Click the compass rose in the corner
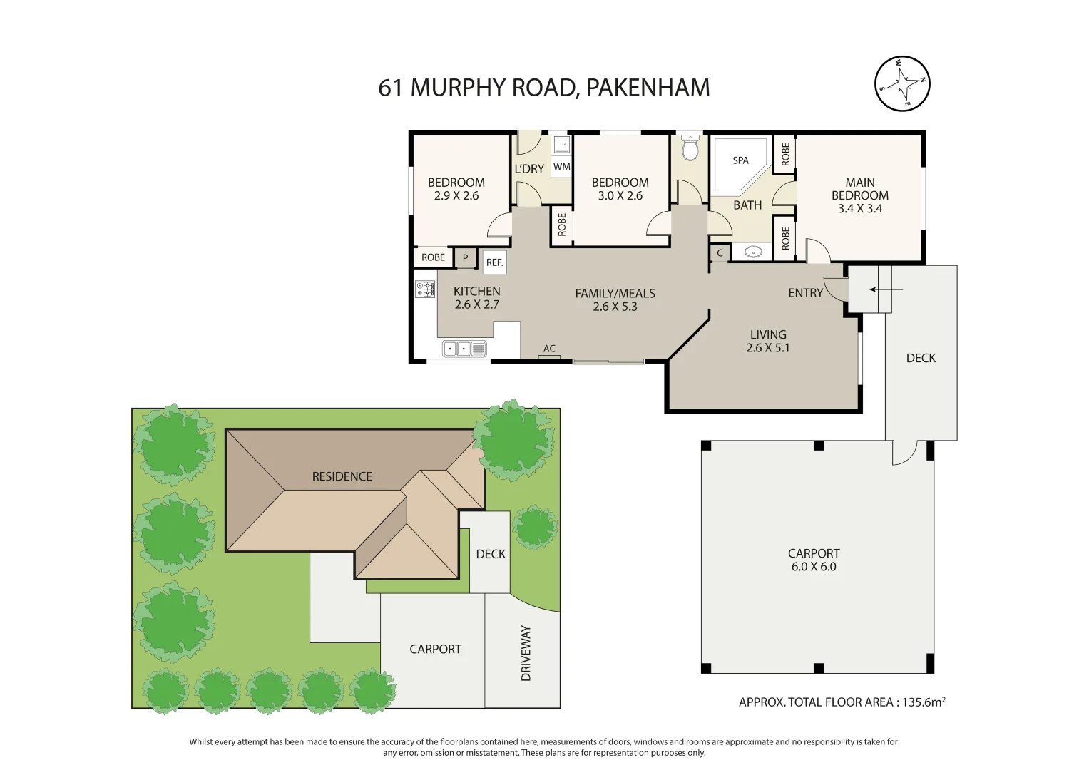click(902, 83)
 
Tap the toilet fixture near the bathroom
click(690, 148)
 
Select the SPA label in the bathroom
click(740, 160)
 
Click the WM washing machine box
click(561, 167)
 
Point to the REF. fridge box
click(494, 262)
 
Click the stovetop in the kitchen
click(425, 289)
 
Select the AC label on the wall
click(549, 349)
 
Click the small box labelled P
click(465, 258)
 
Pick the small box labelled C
click(720, 253)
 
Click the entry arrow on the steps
click(886, 289)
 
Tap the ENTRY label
click(806, 293)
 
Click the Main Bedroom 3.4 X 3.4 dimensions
click(860, 208)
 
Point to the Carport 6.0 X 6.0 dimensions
click(814, 566)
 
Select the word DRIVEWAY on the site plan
click(526, 653)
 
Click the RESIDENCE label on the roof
click(342, 476)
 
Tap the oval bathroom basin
click(752, 252)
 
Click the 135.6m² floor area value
click(924, 702)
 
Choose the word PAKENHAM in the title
click(648, 88)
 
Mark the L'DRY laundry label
click(529, 169)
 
